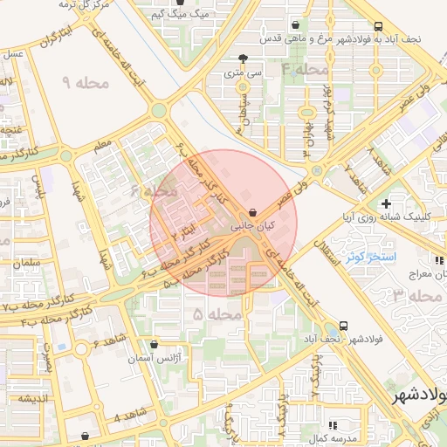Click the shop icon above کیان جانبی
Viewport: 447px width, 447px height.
coord(252,212)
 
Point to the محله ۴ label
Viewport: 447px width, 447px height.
coord(304,68)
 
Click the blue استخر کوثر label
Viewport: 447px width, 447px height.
coord(370,258)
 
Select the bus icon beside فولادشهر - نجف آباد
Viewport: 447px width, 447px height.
coord(343,325)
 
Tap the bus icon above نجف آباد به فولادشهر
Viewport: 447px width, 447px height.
coord(377,26)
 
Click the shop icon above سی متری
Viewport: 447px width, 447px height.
coord(243,59)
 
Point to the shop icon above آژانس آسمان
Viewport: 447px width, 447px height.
coord(155,345)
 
